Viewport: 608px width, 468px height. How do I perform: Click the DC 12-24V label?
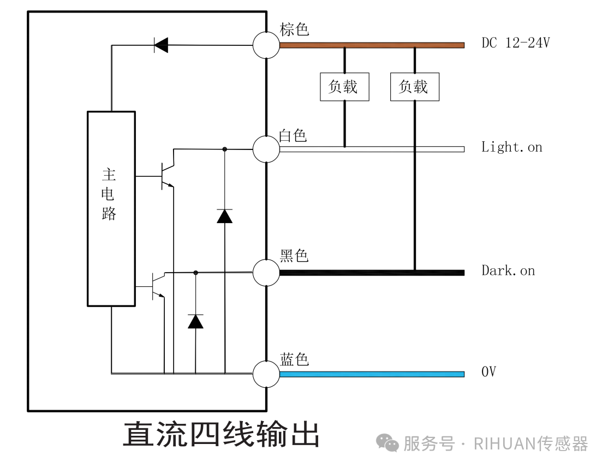click(x=515, y=43)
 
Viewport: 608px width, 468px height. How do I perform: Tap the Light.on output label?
click(x=511, y=147)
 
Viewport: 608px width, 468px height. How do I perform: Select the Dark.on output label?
click(x=508, y=271)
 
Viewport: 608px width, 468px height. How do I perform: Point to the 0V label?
click(x=488, y=373)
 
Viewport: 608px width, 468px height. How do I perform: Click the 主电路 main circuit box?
click(x=111, y=208)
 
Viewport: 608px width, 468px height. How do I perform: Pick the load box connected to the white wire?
click(x=344, y=87)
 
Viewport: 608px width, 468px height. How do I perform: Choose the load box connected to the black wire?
click(x=415, y=87)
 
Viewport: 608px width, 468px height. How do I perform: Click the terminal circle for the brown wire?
click(x=266, y=45)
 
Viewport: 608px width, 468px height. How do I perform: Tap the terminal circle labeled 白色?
click(x=266, y=149)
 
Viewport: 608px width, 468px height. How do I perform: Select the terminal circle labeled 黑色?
click(x=266, y=272)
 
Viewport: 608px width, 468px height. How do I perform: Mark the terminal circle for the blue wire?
click(x=266, y=374)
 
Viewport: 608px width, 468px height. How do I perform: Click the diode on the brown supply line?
click(x=161, y=45)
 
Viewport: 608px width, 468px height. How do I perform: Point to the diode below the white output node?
click(x=224, y=216)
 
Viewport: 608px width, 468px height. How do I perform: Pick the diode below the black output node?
click(x=195, y=321)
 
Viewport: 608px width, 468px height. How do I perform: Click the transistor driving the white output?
click(x=166, y=176)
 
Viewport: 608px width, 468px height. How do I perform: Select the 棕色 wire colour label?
click(x=294, y=29)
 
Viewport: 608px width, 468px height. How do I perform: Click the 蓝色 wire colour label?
click(x=294, y=359)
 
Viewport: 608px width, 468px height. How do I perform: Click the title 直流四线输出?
click(x=221, y=434)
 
